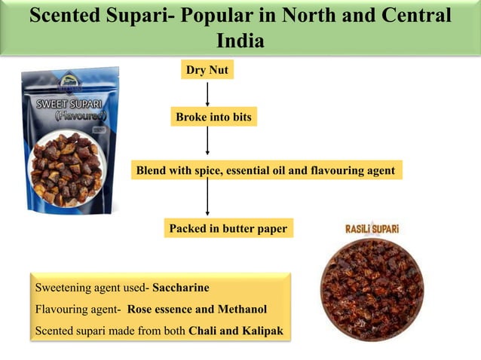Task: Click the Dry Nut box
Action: [x=207, y=71]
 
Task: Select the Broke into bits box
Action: [x=213, y=117]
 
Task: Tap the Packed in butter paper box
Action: [x=228, y=228]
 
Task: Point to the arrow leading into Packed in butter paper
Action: [x=207, y=199]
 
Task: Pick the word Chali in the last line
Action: [x=204, y=330]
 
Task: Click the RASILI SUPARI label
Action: [x=371, y=227]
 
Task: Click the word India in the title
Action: [x=240, y=40]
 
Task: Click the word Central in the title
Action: [x=411, y=16]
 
